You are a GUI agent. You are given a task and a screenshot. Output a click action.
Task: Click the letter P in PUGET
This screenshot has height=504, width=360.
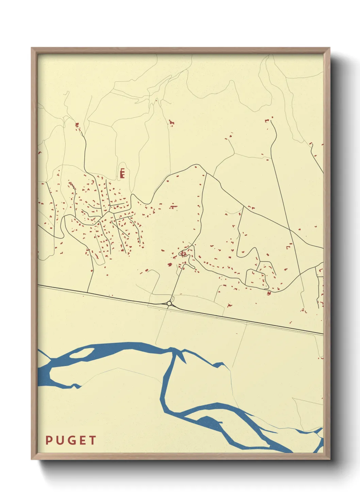point(49,440)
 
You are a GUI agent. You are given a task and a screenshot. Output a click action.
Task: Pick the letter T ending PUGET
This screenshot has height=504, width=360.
point(92,440)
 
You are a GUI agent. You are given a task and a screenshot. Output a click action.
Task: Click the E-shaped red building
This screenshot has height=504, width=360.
point(122,174)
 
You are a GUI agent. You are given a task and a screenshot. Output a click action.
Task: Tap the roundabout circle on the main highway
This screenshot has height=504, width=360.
point(169,303)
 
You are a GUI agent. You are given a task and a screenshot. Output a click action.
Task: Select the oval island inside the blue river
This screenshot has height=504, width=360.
point(82,353)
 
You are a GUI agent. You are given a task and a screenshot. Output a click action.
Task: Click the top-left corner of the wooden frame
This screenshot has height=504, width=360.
point(32,48)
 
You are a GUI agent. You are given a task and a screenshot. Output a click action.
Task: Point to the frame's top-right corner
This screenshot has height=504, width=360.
point(329,48)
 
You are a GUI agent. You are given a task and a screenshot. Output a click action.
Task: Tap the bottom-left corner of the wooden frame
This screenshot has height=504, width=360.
point(32,459)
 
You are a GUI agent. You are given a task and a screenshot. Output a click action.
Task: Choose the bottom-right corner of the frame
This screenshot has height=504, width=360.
point(329,459)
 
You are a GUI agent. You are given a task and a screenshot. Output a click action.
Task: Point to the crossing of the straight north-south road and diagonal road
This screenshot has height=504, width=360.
point(290,229)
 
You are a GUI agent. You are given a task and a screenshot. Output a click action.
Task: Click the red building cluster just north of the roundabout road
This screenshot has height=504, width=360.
point(183,254)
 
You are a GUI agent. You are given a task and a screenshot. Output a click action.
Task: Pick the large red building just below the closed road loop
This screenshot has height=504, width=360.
point(269,293)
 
